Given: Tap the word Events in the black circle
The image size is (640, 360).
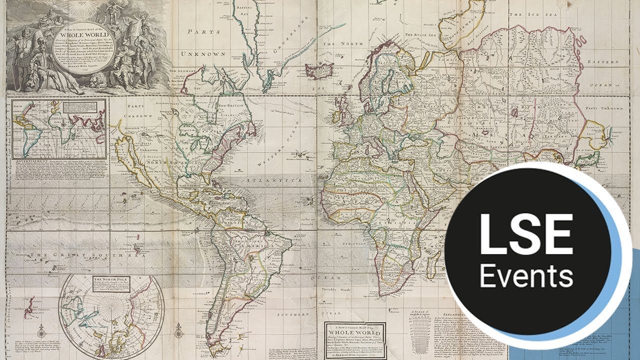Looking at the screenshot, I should (x=526, y=275).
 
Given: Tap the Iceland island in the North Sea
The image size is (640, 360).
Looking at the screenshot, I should (x=319, y=69).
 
